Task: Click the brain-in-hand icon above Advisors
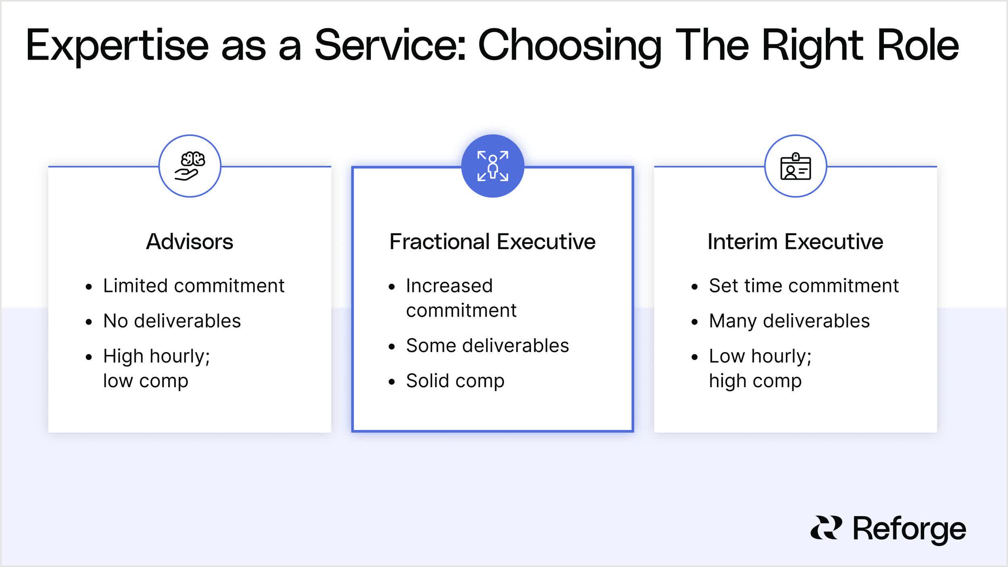click(x=190, y=166)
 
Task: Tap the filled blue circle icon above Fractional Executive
click(x=492, y=166)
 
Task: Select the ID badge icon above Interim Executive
click(x=796, y=166)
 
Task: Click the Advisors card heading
click(x=190, y=242)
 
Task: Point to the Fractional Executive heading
click(x=492, y=242)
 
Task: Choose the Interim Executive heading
click(x=795, y=242)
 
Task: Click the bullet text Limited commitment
click(x=194, y=286)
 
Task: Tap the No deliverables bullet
click(x=172, y=321)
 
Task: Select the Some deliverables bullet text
click(x=487, y=346)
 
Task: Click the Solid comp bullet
click(x=455, y=381)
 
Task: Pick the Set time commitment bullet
click(x=804, y=286)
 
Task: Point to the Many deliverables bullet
click(x=789, y=321)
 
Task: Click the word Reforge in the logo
click(x=909, y=529)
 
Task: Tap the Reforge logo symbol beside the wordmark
click(x=826, y=527)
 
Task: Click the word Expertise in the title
click(x=117, y=46)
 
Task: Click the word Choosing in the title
click(x=569, y=46)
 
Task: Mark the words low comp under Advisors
click(x=146, y=381)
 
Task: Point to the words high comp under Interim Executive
click(x=755, y=381)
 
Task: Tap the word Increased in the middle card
click(x=449, y=286)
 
